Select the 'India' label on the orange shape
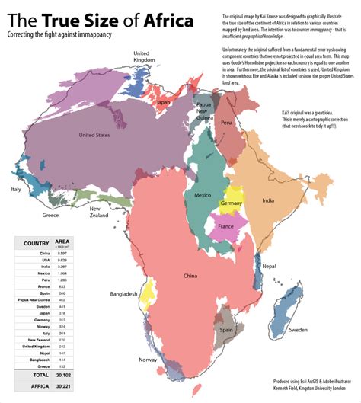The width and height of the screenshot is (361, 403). click(267, 200)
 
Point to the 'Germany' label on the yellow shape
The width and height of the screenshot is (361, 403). click(231, 204)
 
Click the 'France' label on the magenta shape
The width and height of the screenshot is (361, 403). click(225, 227)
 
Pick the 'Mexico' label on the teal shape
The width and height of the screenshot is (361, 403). click(203, 196)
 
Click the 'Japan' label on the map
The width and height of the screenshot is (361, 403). click(163, 101)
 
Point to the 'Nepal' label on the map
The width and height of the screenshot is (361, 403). click(269, 267)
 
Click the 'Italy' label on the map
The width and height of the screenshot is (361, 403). click(15, 189)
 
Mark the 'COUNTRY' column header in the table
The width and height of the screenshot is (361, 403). click(37, 243)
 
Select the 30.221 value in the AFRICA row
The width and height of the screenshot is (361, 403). click(73, 387)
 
